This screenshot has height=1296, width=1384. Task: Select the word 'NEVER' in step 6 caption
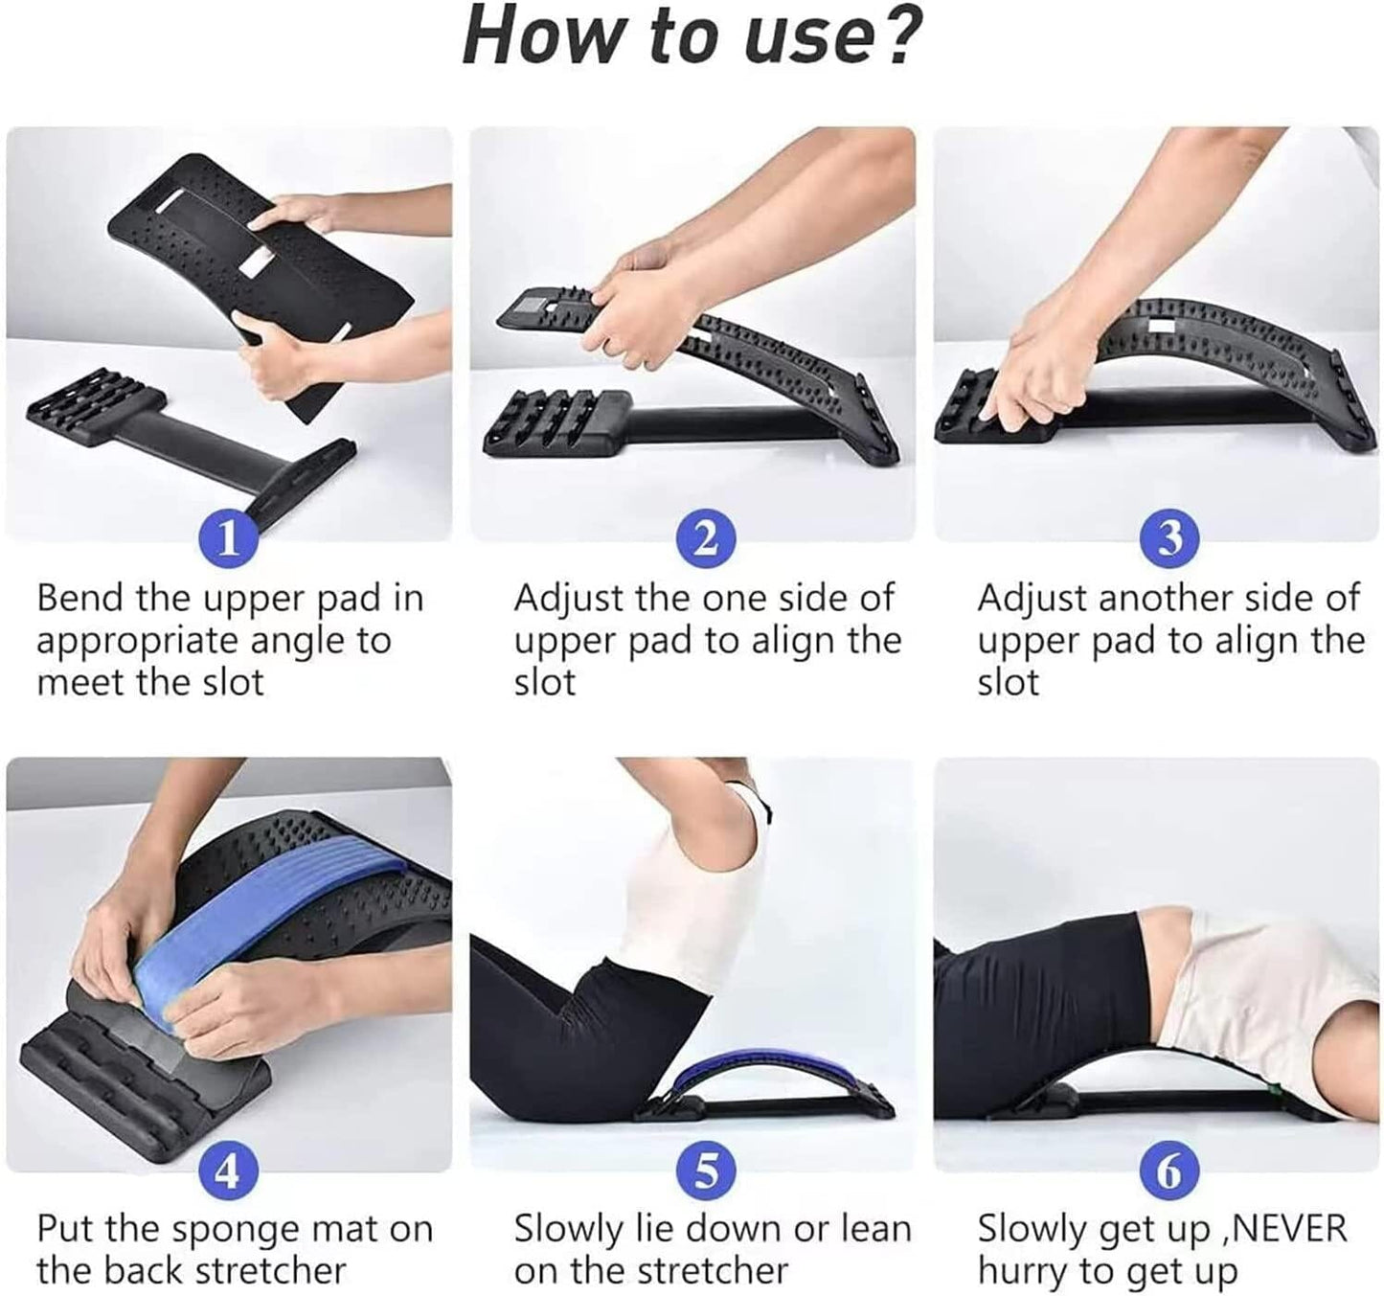(x=1288, y=1228)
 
